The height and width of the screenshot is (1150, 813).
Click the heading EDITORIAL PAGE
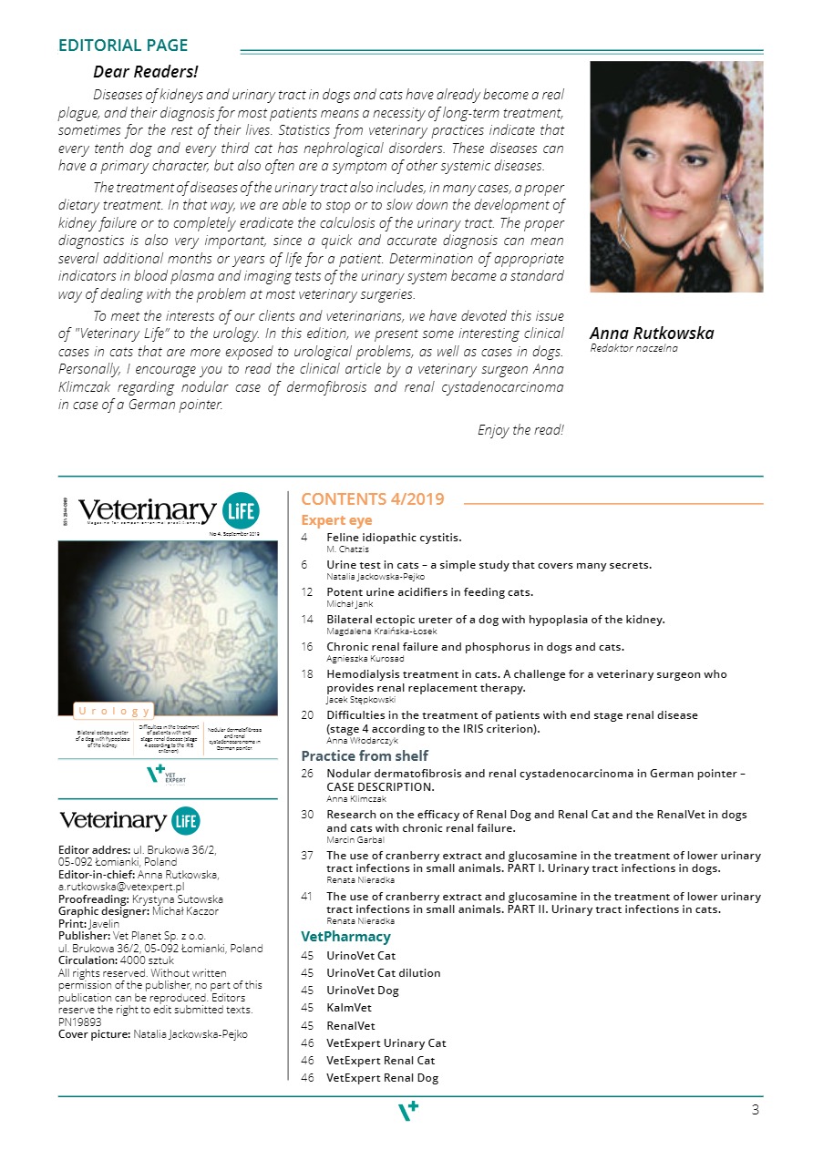(123, 46)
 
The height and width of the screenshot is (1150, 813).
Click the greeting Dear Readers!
(146, 71)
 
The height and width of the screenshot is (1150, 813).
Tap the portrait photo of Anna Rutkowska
(676, 176)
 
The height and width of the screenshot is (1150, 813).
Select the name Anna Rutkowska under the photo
(651, 334)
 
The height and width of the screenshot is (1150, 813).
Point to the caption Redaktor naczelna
(633, 348)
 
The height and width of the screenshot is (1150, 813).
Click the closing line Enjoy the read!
(520, 430)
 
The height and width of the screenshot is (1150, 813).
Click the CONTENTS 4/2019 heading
(373, 499)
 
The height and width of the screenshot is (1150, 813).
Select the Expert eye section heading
(335, 520)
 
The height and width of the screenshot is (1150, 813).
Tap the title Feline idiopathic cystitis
(394, 538)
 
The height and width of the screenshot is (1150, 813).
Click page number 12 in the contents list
(307, 592)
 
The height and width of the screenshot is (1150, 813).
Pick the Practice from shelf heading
(365, 755)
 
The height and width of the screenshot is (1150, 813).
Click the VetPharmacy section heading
(345, 937)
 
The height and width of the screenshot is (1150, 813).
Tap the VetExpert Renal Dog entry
(382, 1078)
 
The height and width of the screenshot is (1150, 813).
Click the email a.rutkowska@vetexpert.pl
(121, 886)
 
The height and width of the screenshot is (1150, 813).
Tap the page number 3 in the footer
(755, 1110)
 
